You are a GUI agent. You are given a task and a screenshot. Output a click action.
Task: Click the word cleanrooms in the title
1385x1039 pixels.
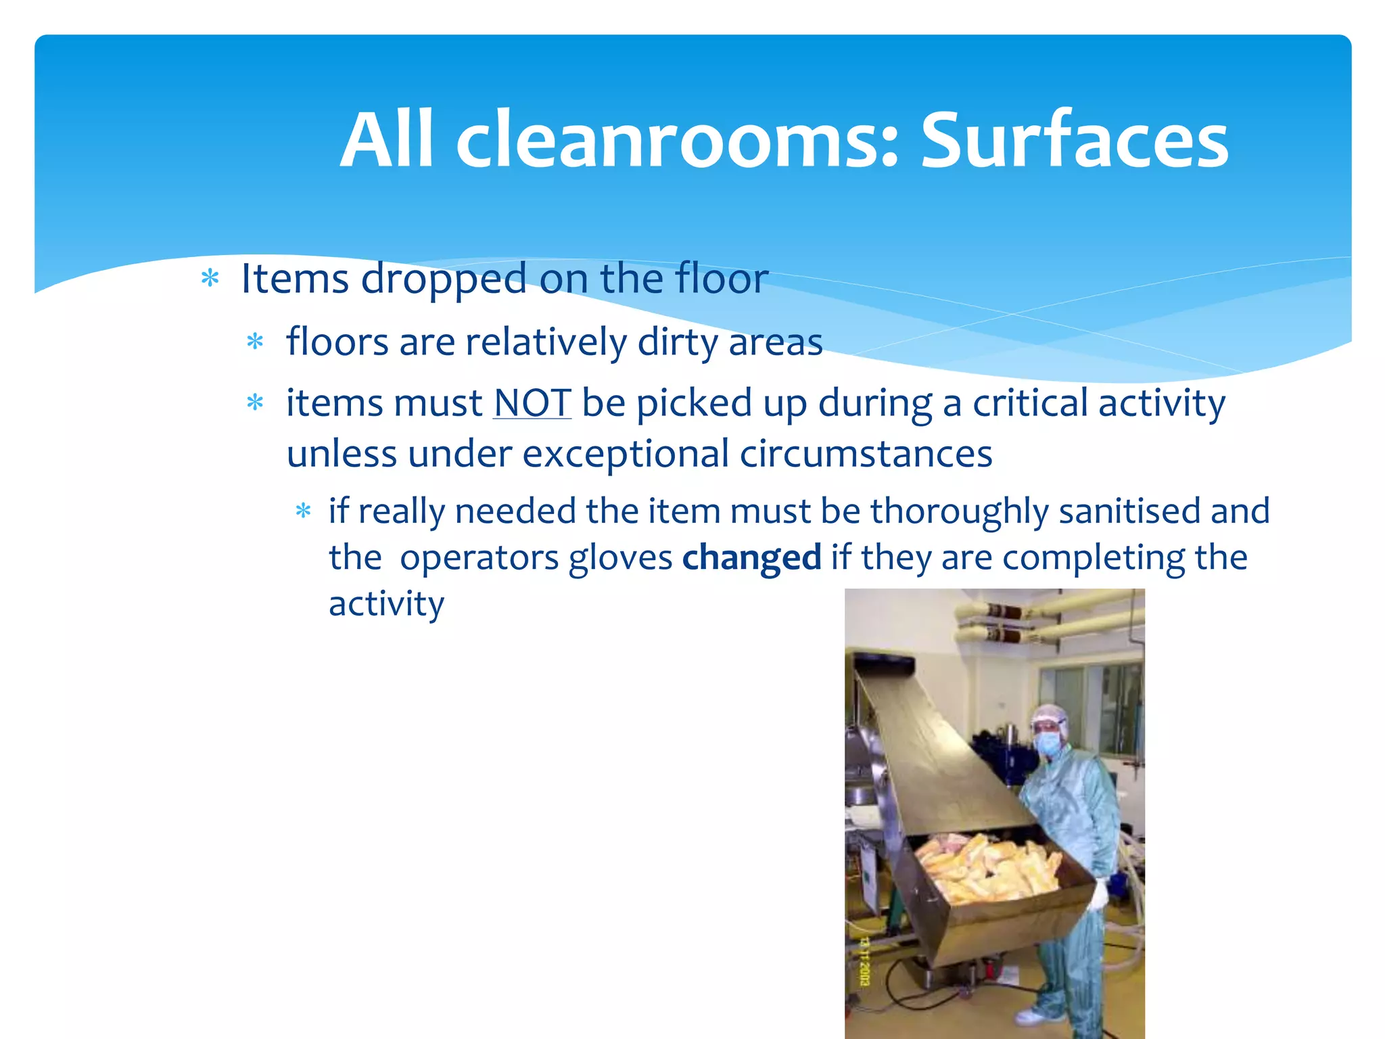[x=676, y=141]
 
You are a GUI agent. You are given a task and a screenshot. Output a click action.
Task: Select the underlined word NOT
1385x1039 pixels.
[x=532, y=403]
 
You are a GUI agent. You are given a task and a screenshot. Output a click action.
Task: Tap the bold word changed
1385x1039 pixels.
[x=751, y=558]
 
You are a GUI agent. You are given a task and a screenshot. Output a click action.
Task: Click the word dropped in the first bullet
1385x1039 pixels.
[x=443, y=279]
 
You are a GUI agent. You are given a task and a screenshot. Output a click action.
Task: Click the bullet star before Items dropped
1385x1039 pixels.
[x=210, y=279]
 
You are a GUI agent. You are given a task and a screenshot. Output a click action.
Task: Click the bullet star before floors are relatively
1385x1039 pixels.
[x=255, y=342]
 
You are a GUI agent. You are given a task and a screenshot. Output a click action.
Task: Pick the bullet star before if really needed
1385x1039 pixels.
[x=303, y=511]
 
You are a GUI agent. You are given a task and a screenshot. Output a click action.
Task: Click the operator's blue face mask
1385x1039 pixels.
[x=1048, y=744]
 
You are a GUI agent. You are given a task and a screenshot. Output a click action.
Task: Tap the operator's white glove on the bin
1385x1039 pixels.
[x=1100, y=894]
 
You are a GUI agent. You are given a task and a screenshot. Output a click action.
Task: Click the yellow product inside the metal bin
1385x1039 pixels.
[x=987, y=869]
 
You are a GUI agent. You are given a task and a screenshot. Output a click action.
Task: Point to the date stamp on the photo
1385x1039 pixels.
[x=864, y=961]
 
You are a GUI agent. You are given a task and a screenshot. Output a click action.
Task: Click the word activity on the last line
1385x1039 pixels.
[x=386, y=604]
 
